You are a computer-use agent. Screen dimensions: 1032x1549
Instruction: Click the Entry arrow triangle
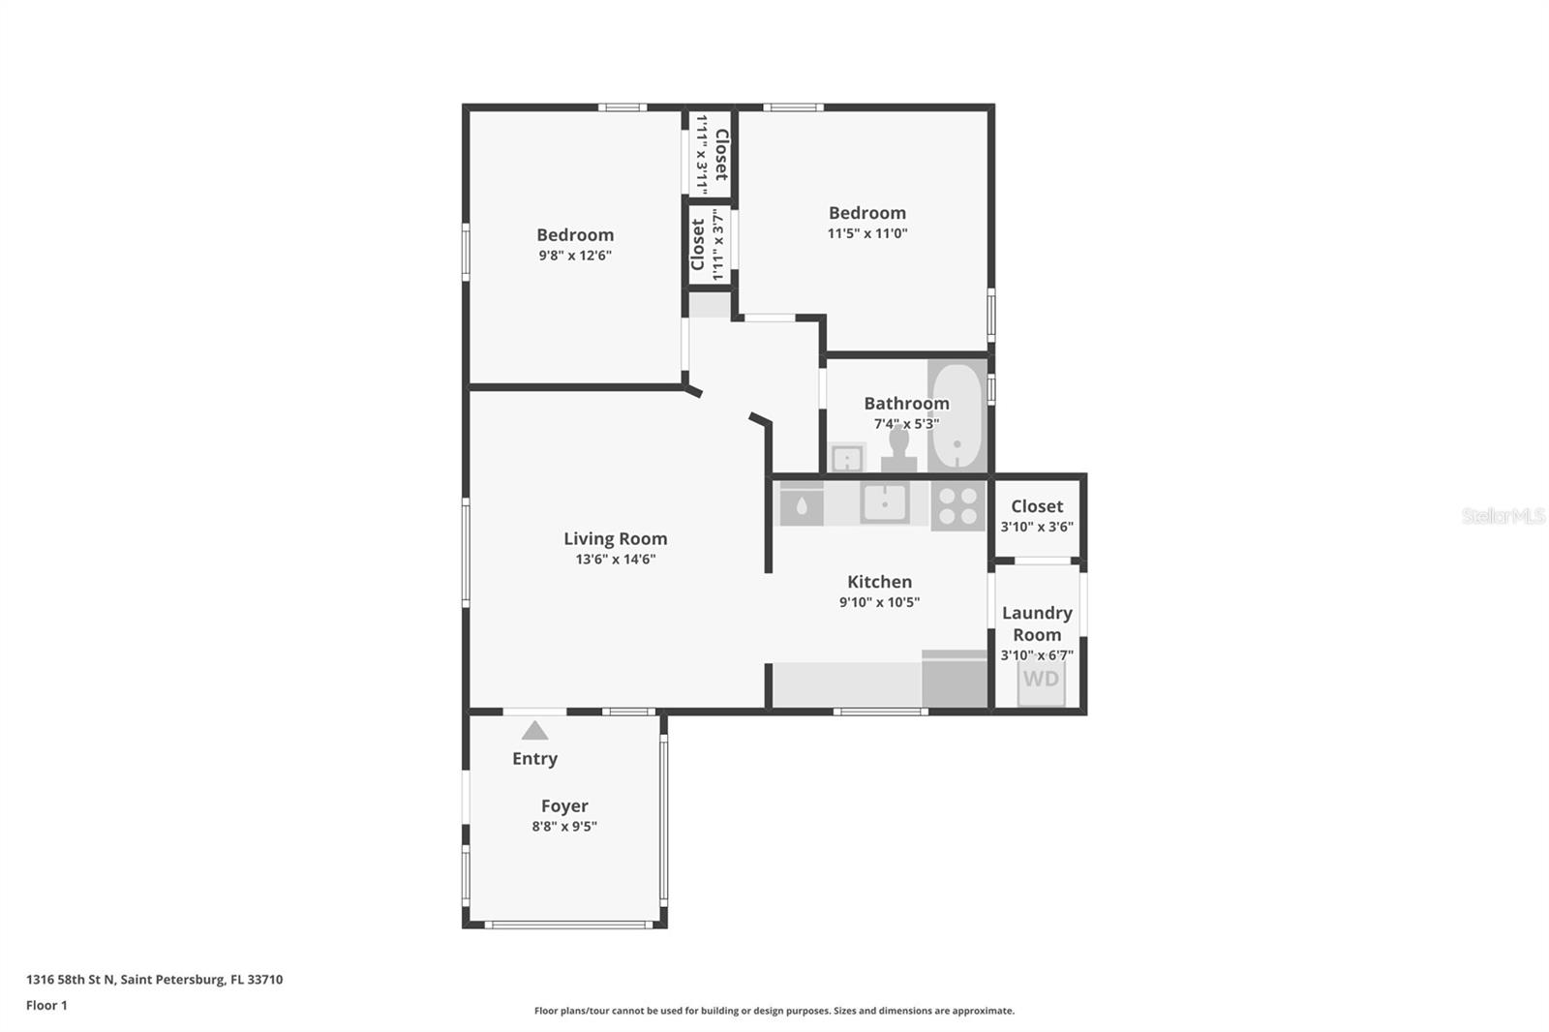coord(534,731)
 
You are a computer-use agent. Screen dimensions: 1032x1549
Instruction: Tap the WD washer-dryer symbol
coord(1041,680)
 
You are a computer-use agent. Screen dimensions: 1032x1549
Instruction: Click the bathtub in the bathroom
coord(957,416)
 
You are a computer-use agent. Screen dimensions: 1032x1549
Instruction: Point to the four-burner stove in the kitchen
coord(957,506)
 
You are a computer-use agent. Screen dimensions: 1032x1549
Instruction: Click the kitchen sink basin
coord(885,502)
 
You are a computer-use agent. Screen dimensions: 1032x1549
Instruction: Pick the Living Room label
coord(616,538)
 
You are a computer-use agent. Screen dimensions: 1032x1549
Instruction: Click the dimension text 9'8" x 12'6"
coord(575,256)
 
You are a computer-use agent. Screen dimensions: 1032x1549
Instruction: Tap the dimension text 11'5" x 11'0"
coord(866,233)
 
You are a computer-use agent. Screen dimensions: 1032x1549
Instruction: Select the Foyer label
coord(564,805)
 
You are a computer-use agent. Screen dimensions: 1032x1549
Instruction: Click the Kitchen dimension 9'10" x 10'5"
coord(879,602)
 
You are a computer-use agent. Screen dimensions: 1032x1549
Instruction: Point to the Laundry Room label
coord(1037,623)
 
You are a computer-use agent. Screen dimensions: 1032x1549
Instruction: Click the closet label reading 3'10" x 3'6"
coord(1037,527)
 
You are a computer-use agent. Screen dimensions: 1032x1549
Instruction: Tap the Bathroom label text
coord(906,403)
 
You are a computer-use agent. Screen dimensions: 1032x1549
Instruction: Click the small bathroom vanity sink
coord(848,457)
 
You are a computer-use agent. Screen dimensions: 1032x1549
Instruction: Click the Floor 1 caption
coord(46,1005)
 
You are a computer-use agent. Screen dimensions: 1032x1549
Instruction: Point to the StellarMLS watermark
coord(1503,516)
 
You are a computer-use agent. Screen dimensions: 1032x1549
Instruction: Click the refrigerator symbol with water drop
coord(802,505)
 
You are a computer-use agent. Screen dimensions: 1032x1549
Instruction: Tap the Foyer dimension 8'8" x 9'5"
coord(564,827)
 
